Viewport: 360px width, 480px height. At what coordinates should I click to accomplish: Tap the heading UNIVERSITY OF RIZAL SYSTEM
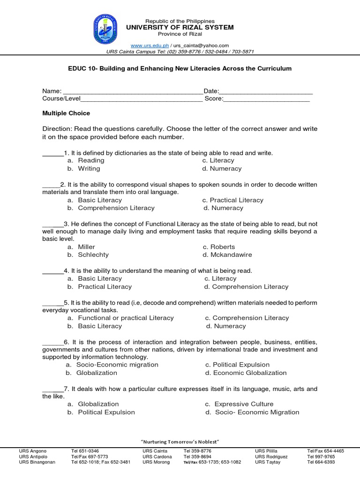point(180,28)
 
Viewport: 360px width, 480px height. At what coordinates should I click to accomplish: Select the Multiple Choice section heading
point(66,113)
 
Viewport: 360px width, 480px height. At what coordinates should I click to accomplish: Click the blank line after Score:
point(267,99)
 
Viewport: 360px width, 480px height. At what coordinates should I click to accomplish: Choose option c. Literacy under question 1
point(218,160)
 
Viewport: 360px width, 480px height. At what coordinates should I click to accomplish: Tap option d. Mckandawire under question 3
point(227,255)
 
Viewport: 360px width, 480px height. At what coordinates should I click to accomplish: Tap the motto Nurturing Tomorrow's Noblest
point(180,442)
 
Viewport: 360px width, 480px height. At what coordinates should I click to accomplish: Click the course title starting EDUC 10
point(180,68)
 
